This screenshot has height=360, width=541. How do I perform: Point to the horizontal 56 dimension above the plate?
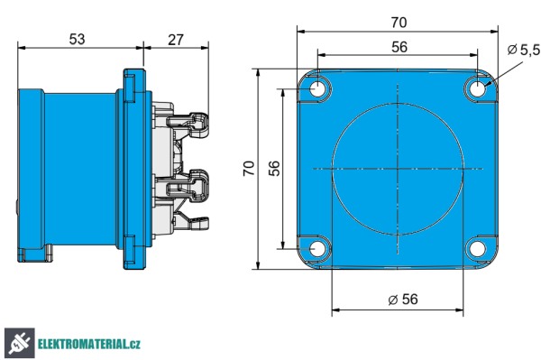pyautogui.click(x=397, y=47)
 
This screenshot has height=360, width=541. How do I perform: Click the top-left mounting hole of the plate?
pyautogui.click(x=318, y=89)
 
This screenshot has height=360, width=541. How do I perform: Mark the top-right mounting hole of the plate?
pyautogui.click(x=477, y=89)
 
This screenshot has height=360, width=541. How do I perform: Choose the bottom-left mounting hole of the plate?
pyautogui.click(x=318, y=249)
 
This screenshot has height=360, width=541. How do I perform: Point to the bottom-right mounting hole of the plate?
pyautogui.click(x=477, y=249)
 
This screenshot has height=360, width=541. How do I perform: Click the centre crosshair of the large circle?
pyautogui.click(x=397, y=169)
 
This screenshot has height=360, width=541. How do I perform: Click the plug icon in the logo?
pyautogui.click(x=18, y=342)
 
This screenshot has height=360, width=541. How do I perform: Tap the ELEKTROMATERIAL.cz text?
pyautogui.click(x=89, y=344)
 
